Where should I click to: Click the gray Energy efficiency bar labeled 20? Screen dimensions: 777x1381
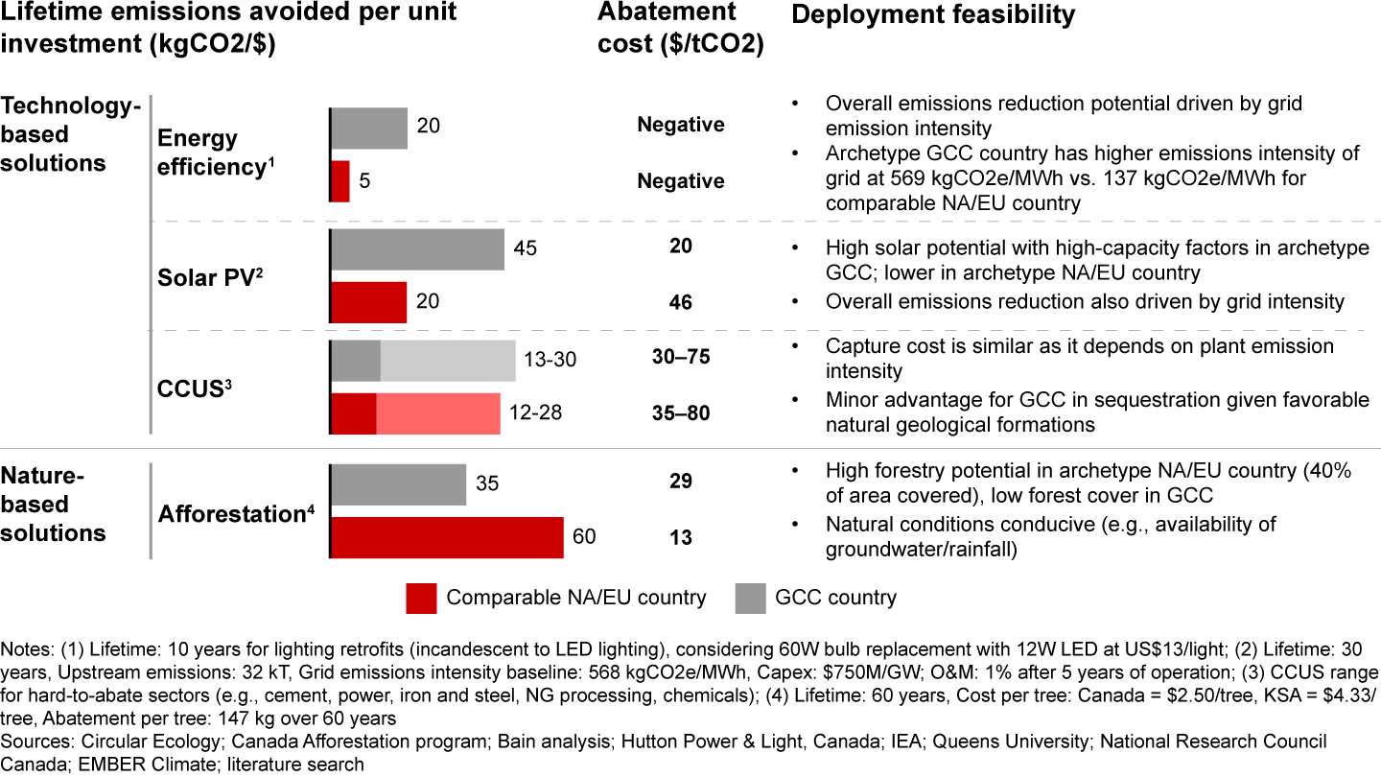(369, 128)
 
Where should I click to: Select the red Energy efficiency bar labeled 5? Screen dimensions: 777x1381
(340, 181)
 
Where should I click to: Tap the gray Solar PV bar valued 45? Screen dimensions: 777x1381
(417, 249)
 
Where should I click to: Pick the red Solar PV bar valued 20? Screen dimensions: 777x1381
(369, 302)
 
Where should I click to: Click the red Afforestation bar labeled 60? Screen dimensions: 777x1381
(447, 537)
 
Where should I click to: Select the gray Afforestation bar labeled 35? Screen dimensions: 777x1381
(398, 483)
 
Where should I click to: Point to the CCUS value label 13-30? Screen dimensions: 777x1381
(550, 360)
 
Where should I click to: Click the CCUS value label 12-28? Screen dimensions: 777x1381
(535, 413)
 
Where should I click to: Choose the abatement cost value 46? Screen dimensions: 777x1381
(681, 303)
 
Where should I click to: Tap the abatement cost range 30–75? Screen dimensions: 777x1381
(681, 357)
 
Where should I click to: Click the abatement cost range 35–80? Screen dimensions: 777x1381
(681, 413)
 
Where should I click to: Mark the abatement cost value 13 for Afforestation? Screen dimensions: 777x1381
(681, 538)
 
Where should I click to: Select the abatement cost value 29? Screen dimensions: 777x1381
(681, 482)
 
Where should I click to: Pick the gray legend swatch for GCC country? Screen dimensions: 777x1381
(752, 598)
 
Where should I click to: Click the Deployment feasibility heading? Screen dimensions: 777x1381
(932, 15)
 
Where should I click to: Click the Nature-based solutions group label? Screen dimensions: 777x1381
(54, 504)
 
